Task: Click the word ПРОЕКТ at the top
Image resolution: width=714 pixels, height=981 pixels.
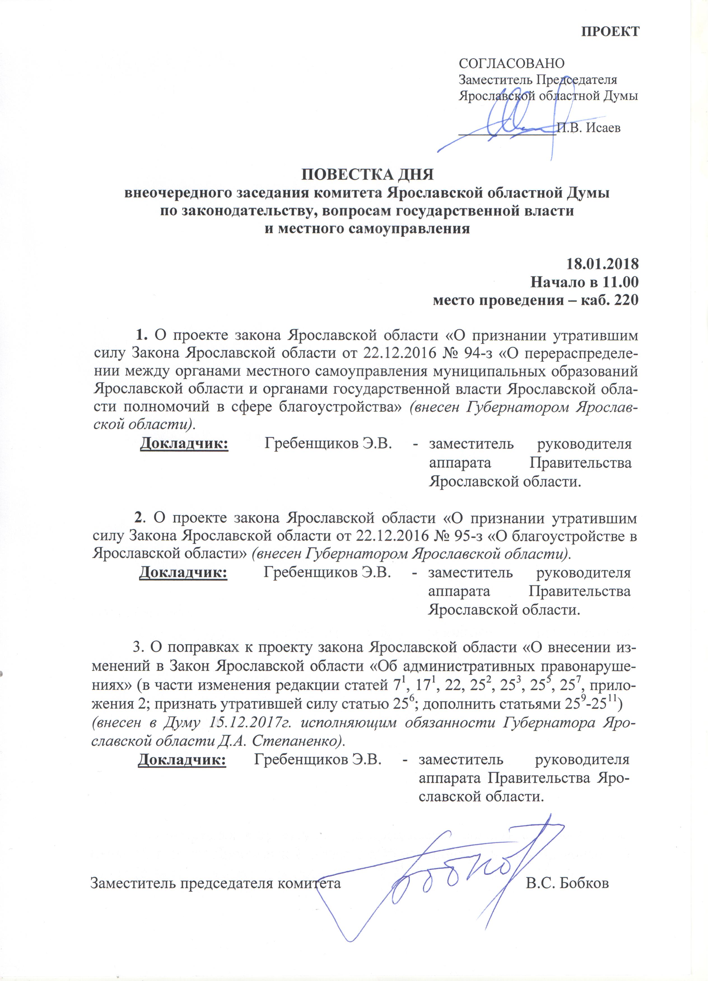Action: pos(610,32)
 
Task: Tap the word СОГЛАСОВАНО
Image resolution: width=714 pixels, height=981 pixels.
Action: pos(512,64)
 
